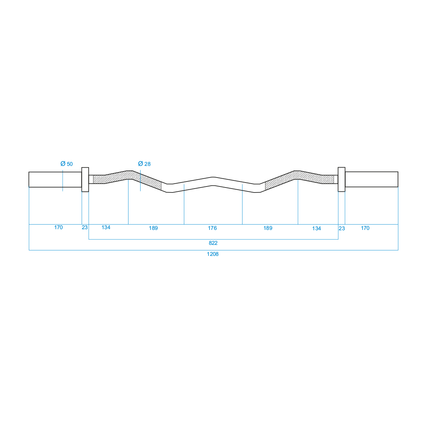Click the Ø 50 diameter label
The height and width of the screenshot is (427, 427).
click(x=67, y=164)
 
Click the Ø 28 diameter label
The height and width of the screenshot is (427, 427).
click(x=144, y=164)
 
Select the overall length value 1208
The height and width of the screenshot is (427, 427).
click(x=213, y=254)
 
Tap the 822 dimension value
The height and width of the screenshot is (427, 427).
click(x=213, y=243)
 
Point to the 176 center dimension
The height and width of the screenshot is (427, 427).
click(x=212, y=228)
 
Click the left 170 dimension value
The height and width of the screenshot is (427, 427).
click(x=58, y=227)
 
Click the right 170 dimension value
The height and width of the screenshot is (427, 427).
click(x=365, y=228)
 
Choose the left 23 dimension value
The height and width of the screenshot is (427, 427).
click(x=85, y=227)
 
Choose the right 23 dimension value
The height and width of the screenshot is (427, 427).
click(x=342, y=228)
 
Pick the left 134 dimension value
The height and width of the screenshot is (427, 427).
click(x=106, y=227)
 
